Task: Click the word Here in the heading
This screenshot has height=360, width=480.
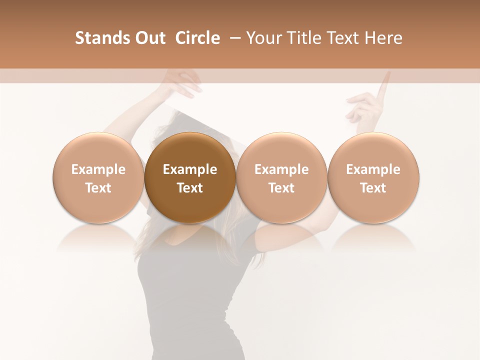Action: tap(383, 38)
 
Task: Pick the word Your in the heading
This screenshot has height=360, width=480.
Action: tap(264, 38)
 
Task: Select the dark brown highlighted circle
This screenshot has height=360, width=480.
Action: tap(190, 177)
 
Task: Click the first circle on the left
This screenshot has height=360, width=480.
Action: tap(98, 177)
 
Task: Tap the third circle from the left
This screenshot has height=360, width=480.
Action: tap(281, 177)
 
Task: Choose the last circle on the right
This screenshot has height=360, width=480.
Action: tap(373, 177)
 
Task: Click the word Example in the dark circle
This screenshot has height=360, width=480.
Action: tap(190, 169)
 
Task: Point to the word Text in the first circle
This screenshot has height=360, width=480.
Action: tap(98, 188)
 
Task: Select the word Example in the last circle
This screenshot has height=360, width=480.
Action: tap(373, 169)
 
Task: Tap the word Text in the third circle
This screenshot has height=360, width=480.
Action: tap(281, 188)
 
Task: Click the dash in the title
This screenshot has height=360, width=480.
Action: tap(233, 38)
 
